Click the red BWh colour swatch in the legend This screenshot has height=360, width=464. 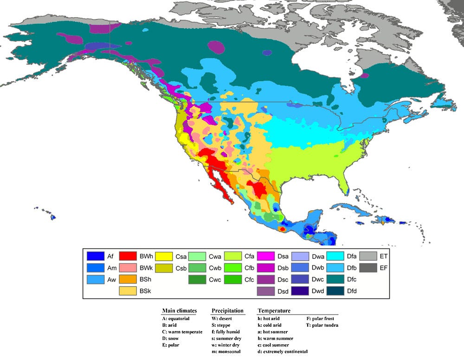(x=128, y=256)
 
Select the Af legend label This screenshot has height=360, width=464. (x=110, y=256)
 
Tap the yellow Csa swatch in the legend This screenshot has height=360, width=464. (x=163, y=256)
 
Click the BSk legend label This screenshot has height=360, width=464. (x=146, y=291)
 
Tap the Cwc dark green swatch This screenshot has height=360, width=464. (x=198, y=279)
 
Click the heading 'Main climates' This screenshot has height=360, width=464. (x=179, y=311)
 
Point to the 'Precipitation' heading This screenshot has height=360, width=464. (x=227, y=311)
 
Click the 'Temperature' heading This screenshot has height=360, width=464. (x=274, y=311)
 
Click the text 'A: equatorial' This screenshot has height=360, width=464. (x=175, y=319)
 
